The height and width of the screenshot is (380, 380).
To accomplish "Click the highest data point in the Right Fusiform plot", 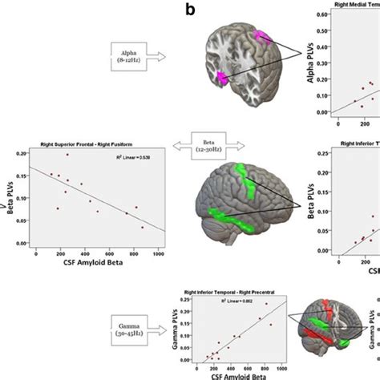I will click(67, 155).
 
